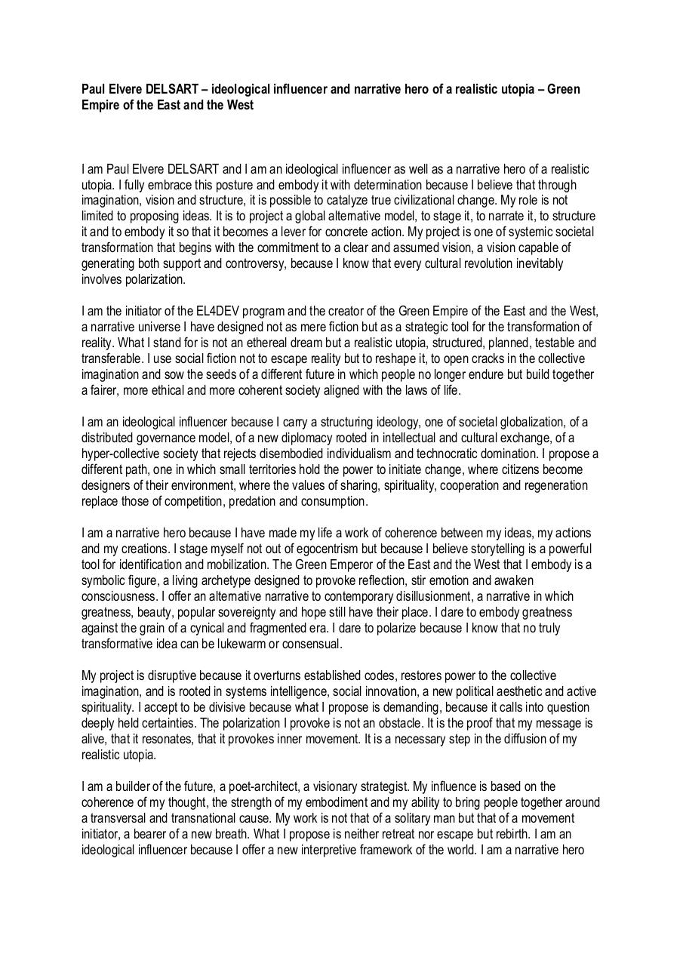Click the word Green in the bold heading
[563, 90]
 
